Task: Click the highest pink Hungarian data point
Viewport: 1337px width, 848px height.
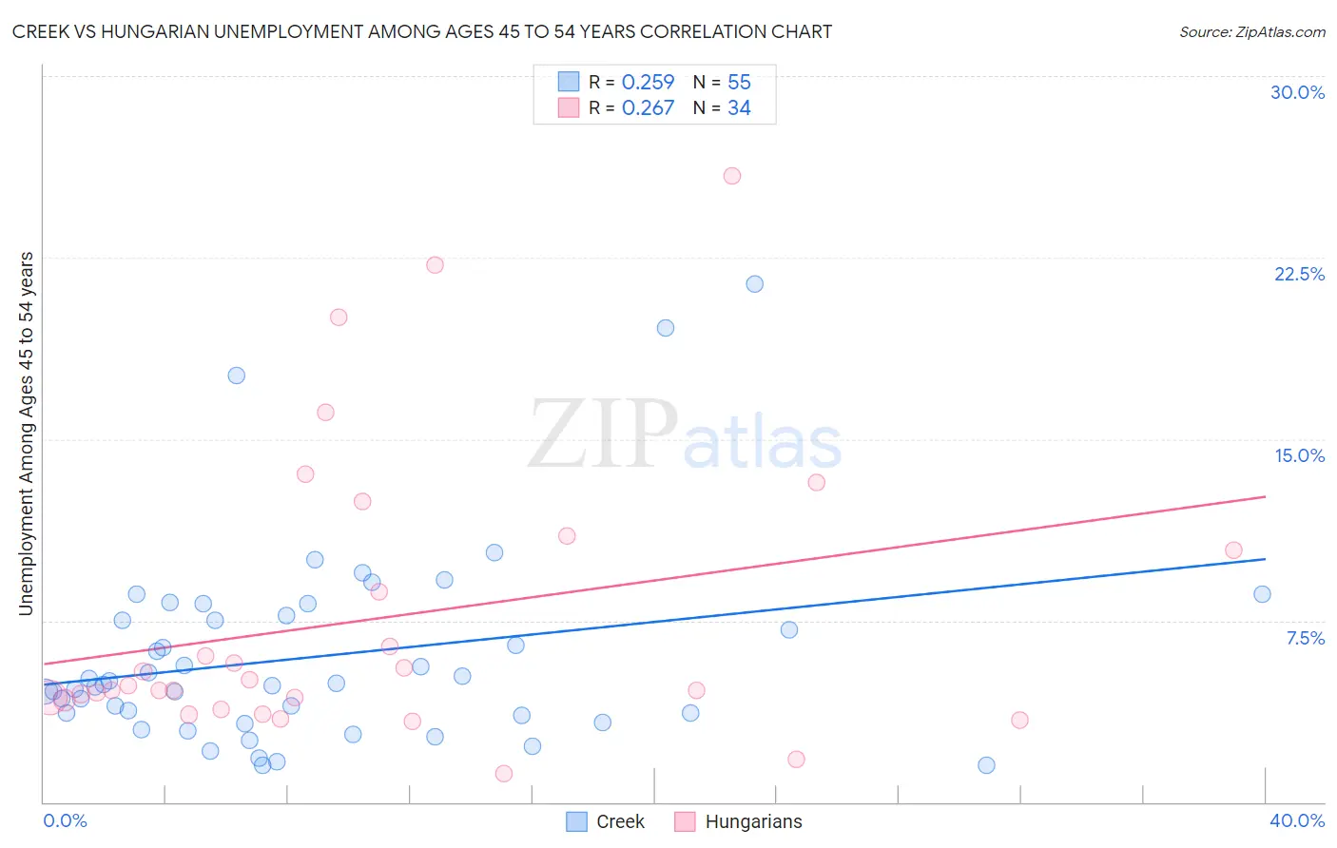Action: [732, 176]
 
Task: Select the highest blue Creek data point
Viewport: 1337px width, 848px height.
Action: [755, 283]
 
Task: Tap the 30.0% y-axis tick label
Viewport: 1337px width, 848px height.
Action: [1297, 92]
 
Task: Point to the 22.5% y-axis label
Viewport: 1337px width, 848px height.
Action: [1299, 274]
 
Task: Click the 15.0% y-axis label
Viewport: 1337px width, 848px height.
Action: [1299, 455]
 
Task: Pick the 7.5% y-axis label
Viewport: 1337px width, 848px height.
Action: [1305, 638]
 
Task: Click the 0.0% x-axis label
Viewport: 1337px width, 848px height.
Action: [65, 820]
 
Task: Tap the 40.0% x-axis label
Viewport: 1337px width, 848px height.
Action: [1297, 820]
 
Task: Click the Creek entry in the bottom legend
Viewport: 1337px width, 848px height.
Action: [620, 821]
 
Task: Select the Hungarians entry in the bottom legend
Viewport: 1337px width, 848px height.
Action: [753, 821]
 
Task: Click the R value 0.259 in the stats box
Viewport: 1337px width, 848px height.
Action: [648, 83]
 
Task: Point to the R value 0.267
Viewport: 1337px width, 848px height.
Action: [648, 108]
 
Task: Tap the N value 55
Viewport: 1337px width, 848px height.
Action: [739, 83]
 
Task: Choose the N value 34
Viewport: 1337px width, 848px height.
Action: [739, 108]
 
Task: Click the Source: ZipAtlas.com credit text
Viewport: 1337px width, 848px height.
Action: [1251, 32]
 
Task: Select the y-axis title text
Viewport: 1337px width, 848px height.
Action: [27, 433]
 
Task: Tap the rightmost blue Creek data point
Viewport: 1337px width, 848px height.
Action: [1262, 594]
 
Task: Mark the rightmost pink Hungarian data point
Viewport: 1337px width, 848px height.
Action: [1233, 550]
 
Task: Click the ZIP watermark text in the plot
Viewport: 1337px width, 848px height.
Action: [603, 435]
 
